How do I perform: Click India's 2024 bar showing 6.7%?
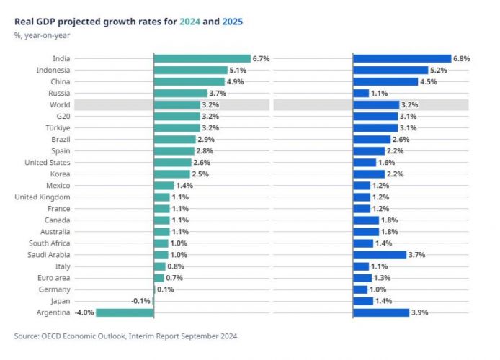click(x=202, y=58)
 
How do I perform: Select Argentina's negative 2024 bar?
click(x=125, y=312)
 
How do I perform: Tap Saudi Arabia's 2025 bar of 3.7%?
click(x=380, y=255)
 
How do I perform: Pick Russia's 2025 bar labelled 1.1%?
click(x=361, y=93)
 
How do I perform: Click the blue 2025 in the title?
click(x=231, y=22)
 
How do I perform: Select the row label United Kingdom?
click(x=43, y=197)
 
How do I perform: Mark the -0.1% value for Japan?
click(x=141, y=301)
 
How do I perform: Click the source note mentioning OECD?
click(x=125, y=336)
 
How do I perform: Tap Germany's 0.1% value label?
click(x=166, y=289)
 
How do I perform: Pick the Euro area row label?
click(x=53, y=278)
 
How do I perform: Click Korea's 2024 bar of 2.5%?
click(x=171, y=174)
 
